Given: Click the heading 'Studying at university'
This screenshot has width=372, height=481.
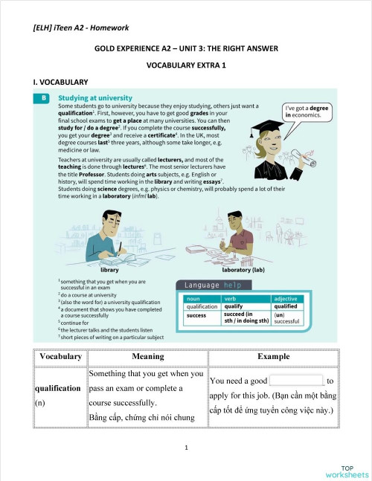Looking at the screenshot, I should (95, 98).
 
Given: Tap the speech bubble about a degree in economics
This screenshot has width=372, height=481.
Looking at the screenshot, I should (307, 112).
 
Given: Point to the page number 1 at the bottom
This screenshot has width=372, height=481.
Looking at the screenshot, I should (186, 448).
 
